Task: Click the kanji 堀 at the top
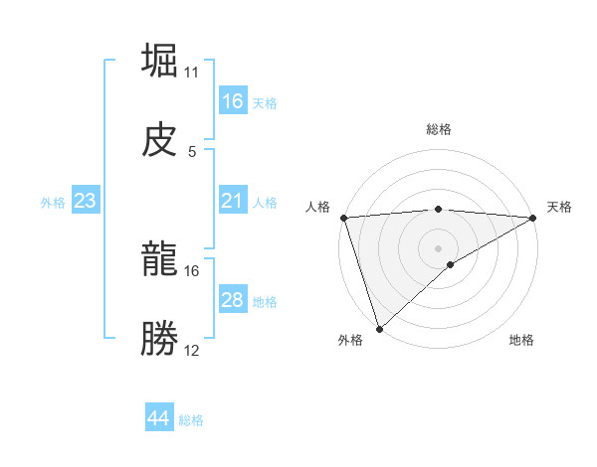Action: (x=160, y=61)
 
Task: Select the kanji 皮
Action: (x=160, y=140)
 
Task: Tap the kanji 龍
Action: (x=160, y=260)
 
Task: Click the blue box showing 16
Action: (x=233, y=101)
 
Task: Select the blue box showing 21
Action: (x=233, y=201)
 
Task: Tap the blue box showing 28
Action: (x=233, y=300)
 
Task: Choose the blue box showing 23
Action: (x=86, y=201)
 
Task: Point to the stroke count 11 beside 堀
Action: (x=192, y=72)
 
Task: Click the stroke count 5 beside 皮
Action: (x=191, y=151)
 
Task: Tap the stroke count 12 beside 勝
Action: (x=192, y=351)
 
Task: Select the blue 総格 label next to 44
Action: (x=191, y=420)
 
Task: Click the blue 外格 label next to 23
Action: (x=53, y=203)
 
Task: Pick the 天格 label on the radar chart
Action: (x=559, y=207)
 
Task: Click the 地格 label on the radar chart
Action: (x=521, y=341)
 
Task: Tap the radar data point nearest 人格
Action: (x=343, y=218)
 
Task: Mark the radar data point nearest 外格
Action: (x=379, y=328)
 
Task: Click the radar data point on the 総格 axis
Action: (x=438, y=209)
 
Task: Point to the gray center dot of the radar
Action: (x=438, y=247)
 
